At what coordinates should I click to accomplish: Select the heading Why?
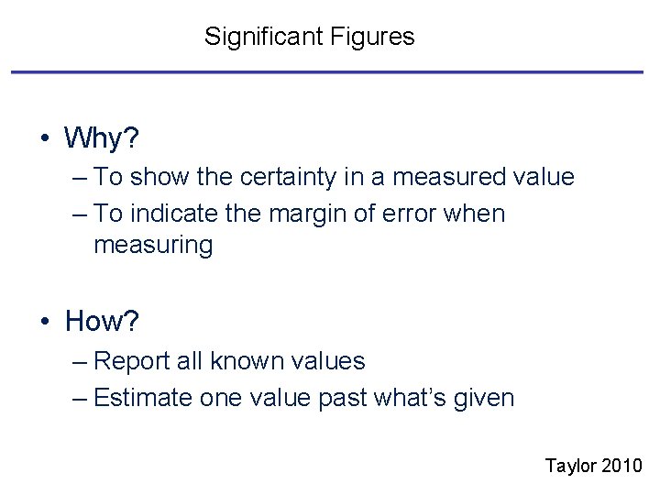pos(102,139)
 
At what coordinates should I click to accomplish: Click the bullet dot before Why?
pos(44,140)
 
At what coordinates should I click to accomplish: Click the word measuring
pos(153,246)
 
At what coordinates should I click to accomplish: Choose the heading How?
pos(101,322)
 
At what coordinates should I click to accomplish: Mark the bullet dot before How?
pos(44,323)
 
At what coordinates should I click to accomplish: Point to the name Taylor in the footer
pos(570,466)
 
